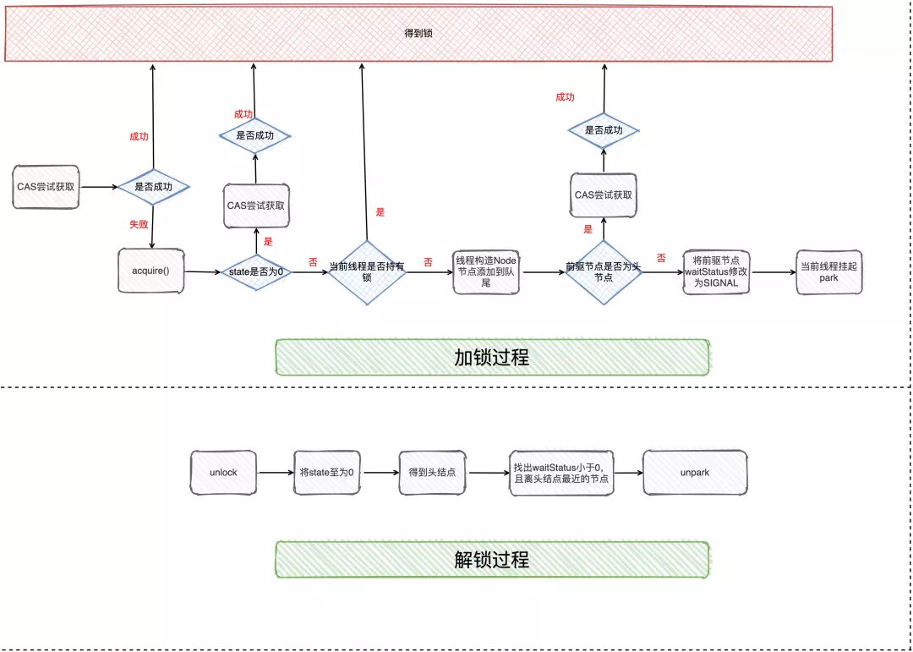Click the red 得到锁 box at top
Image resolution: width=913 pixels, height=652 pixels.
coord(418,34)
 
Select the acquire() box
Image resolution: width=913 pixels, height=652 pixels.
coord(151,271)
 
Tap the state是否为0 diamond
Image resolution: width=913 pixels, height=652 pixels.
coord(256,272)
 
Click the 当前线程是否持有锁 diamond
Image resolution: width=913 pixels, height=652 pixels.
coord(367,271)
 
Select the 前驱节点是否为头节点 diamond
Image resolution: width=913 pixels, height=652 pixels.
coord(604,272)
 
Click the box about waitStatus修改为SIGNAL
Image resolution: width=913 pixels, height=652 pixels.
coord(716,271)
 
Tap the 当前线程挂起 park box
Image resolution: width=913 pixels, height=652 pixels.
coord(828,271)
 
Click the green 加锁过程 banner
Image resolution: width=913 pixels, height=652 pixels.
coord(492,357)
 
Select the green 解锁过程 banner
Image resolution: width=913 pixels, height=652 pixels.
coord(492,559)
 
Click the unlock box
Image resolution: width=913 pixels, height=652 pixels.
coord(223,473)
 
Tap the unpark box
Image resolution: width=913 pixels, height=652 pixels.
coord(695,473)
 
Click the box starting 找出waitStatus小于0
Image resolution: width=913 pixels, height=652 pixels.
coord(562,473)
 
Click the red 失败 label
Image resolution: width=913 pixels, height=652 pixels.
coord(139,224)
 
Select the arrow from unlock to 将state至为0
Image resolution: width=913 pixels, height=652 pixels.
coord(276,473)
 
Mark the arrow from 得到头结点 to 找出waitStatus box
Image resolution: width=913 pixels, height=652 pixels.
coord(489,473)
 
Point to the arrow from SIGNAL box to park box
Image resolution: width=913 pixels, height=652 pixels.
coord(773,272)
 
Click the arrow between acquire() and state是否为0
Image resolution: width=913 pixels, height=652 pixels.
coord(203,271)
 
